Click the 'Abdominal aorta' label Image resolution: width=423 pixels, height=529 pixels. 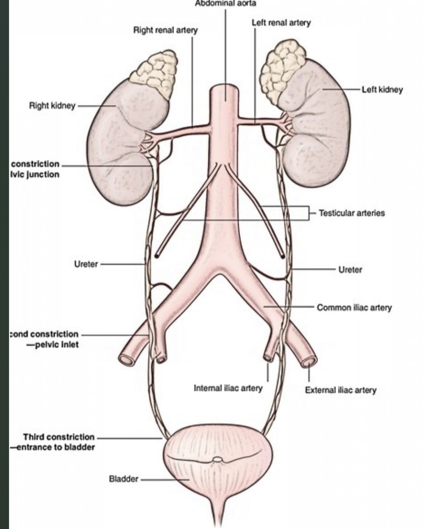click(x=226, y=3)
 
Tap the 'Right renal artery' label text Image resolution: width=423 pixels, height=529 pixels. click(x=165, y=30)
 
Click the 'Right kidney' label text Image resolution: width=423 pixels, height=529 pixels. click(x=52, y=105)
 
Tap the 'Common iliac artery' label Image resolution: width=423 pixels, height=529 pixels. click(x=354, y=308)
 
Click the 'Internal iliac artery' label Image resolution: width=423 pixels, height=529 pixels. click(x=228, y=388)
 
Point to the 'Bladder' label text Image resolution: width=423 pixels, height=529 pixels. click(x=123, y=479)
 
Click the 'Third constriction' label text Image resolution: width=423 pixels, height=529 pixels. click(x=58, y=437)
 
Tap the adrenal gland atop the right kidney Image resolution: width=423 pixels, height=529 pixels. click(x=155, y=74)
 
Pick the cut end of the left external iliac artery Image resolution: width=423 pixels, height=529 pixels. click(x=310, y=361)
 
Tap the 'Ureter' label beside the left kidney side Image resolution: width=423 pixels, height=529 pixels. click(x=350, y=270)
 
